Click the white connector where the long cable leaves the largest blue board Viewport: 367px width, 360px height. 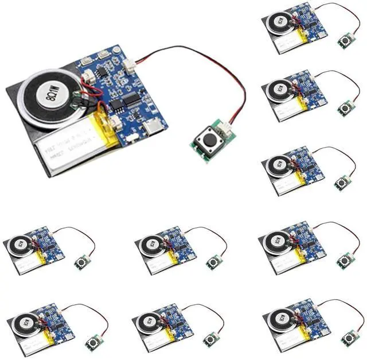point(130,66)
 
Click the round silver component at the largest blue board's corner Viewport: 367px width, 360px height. point(116,50)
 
